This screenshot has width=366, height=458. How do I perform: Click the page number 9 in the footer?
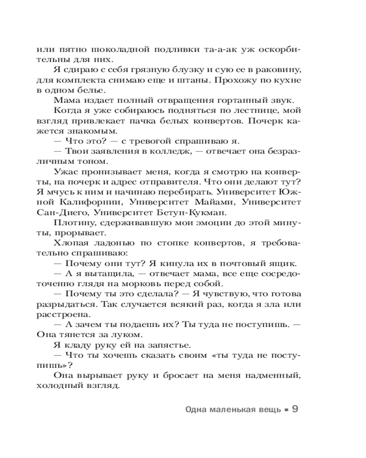point(295,409)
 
